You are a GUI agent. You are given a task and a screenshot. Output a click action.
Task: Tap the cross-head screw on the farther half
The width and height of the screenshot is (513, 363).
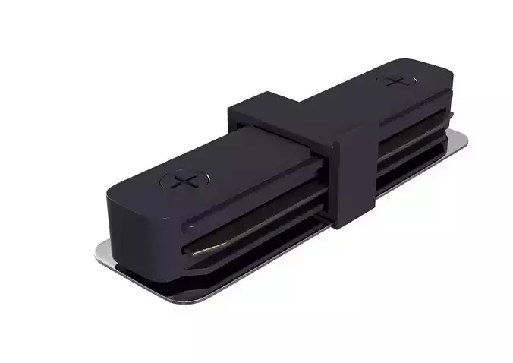click(396, 80)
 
